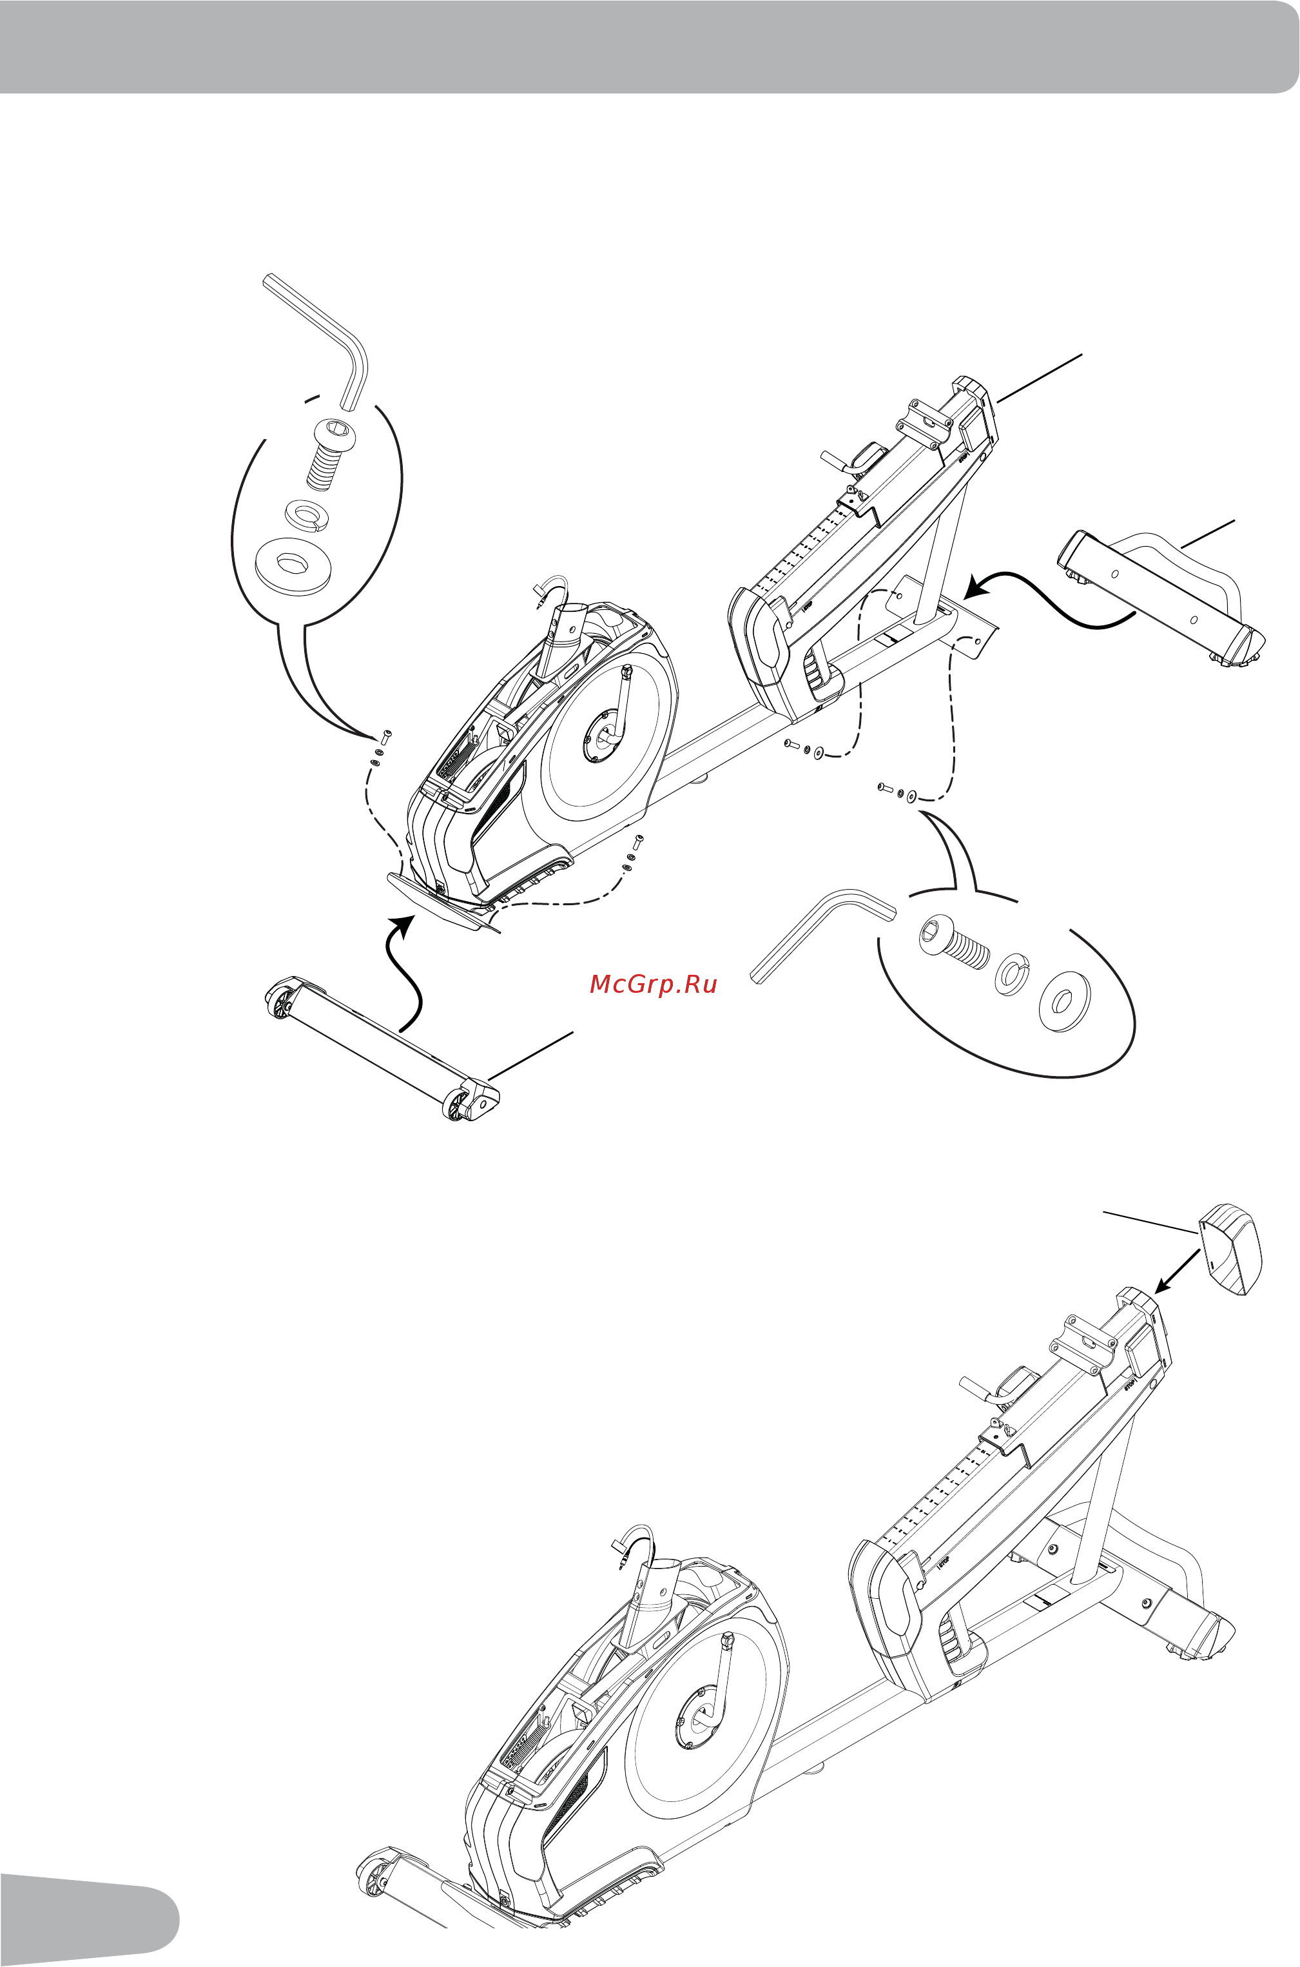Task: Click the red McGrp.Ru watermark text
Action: point(652,984)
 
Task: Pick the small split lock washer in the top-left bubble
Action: point(307,513)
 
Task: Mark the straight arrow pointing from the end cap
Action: point(1178,1271)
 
